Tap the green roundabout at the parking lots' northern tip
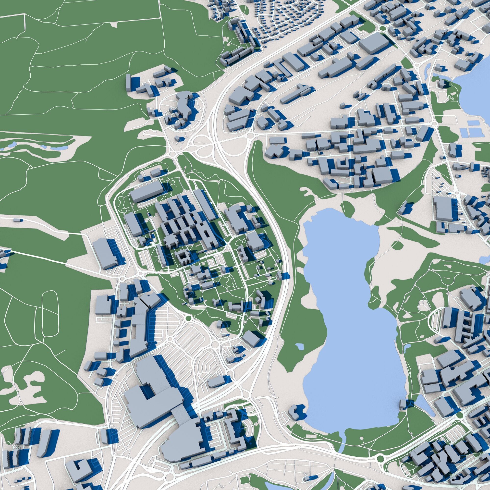click(188, 318)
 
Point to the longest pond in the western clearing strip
click(58, 147)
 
